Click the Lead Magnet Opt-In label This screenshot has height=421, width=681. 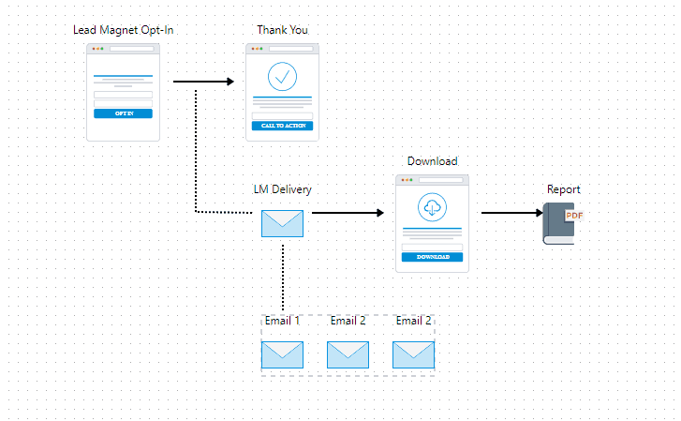124,30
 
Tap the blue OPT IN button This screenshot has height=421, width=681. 123,113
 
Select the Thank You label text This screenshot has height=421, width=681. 282,30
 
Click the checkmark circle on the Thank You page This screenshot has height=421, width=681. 282,77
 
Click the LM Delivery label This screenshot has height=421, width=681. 282,189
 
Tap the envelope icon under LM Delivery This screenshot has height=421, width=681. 282,223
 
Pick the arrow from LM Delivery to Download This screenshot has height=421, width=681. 348,213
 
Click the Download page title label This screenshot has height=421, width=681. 432,161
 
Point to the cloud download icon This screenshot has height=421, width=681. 432,207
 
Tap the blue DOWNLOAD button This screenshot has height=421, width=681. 432,256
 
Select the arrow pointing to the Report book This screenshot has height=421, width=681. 511,213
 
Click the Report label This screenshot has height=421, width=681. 563,189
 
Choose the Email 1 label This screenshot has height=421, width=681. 282,321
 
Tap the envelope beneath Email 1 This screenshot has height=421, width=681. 282,354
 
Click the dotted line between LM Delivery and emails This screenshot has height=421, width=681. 283,276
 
